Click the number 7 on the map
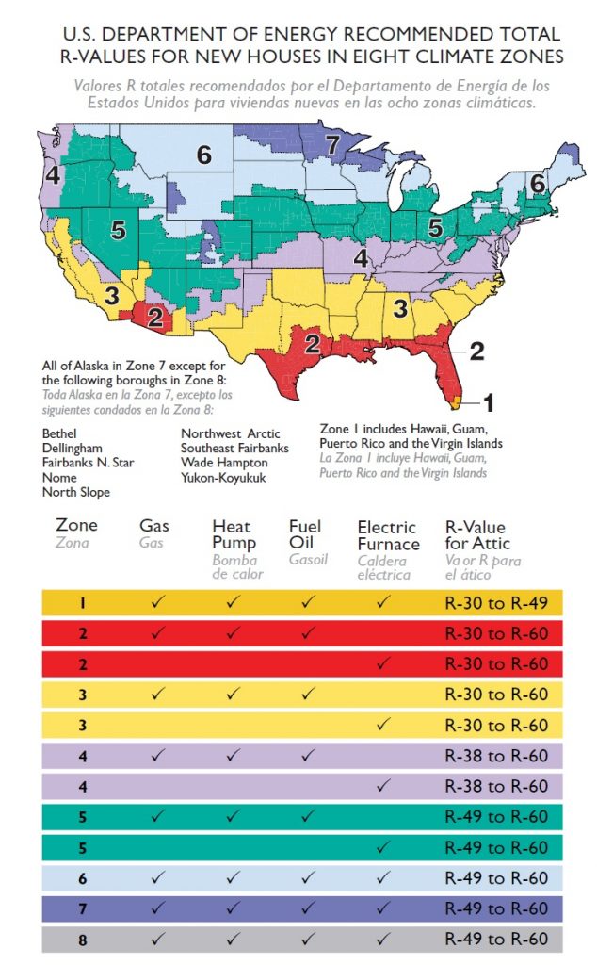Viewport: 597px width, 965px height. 331,144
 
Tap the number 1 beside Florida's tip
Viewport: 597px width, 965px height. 488,402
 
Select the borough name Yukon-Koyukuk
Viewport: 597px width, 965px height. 224,478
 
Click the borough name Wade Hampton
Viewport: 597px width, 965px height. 224,463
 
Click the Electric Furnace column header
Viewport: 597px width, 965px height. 388,535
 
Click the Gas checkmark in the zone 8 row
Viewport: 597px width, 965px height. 157,939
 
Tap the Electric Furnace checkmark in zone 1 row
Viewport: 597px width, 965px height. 382,602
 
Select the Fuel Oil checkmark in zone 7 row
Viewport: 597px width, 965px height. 307,908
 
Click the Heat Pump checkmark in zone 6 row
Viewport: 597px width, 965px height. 233,877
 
